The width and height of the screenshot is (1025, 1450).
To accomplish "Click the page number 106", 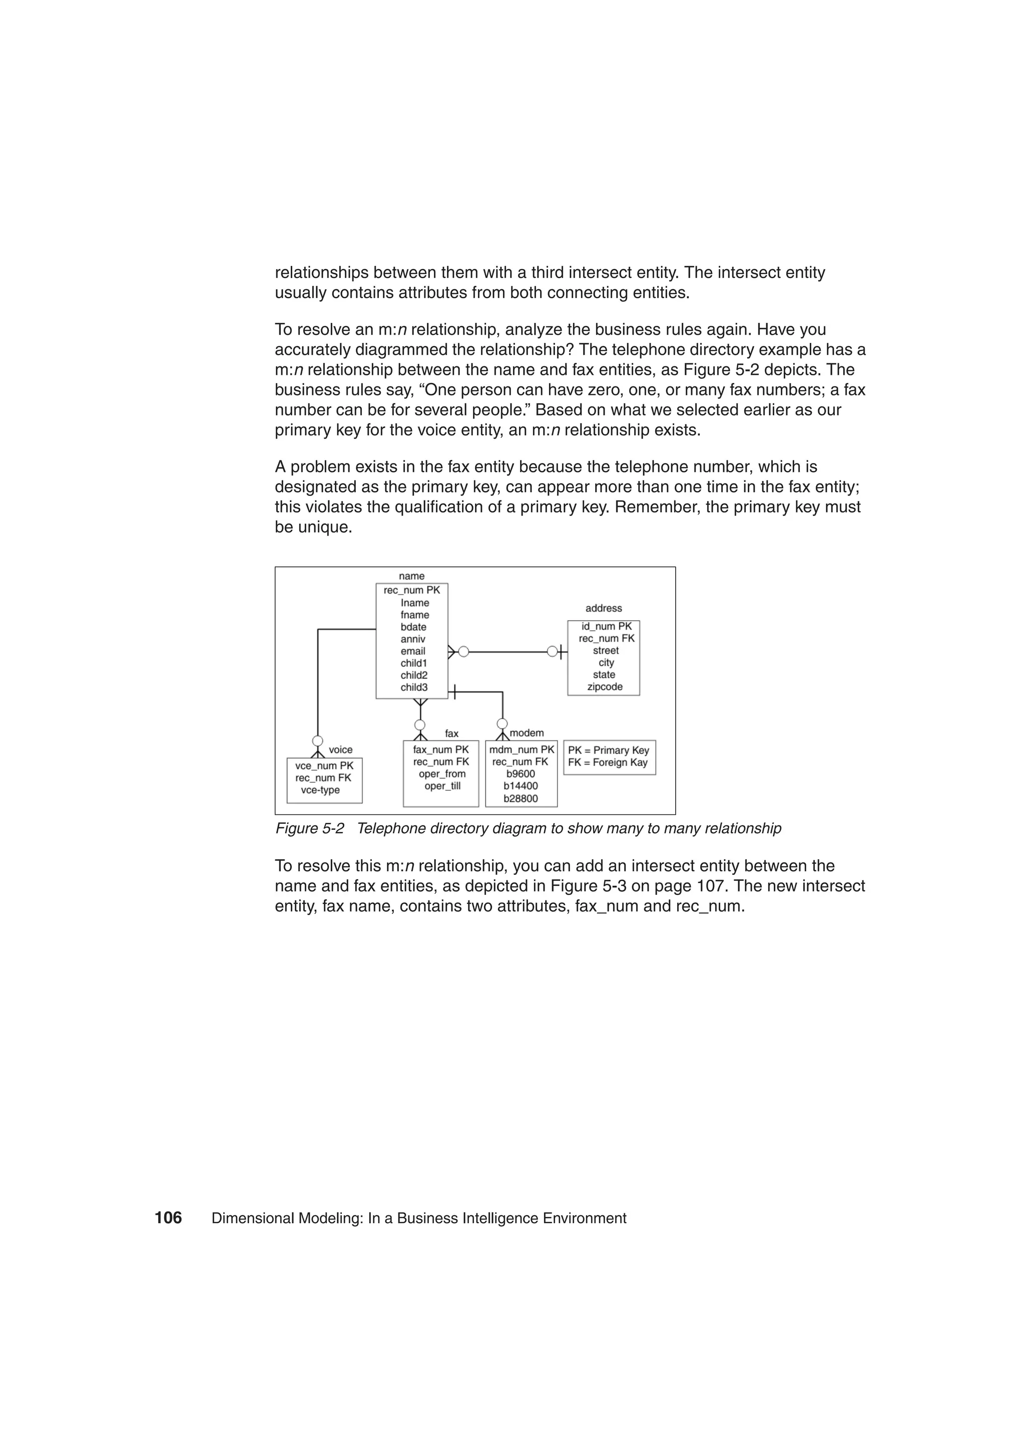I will pyautogui.click(x=168, y=1218).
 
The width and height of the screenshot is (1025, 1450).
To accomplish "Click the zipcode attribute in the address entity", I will pyautogui.click(x=605, y=687).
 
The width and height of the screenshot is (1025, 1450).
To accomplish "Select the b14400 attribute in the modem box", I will pyautogui.click(x=521, y=786).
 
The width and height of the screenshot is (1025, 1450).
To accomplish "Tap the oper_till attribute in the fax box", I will pyautogui.click(x=442, y=786).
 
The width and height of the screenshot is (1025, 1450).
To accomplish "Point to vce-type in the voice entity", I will pyautogui.click(x=320, y=790).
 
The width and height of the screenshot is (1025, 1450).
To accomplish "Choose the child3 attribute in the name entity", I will pyautogui.click(x=414, y=687).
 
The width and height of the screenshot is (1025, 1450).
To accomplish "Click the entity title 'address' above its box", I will pyautogui.click(x=603, y=608).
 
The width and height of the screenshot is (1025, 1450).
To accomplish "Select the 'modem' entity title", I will pyautogui.click(x=527, y=733).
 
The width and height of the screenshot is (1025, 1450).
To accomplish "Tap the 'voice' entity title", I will pyautogui.click(x=340, y=750).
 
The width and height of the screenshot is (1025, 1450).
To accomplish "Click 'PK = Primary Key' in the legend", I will pyautogui.click(x=608, y=750).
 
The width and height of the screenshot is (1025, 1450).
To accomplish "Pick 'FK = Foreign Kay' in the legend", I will pyautogui.click(x=608, y=762).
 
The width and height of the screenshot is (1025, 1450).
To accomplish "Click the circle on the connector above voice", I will pyautogui.click(x=318, y=741).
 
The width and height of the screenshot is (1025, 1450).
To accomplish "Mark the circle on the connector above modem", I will pyautogui.click(x=502, y=724).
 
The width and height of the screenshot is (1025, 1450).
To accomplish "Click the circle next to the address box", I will pyautogui.click(x=552, y=651).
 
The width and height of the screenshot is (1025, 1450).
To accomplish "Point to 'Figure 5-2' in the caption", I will pyautogui.click(x=309, y=828).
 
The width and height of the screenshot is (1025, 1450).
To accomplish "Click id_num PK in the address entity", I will pyautogui.click(x=606, y=627).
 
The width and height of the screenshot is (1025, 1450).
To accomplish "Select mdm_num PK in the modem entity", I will pyautogui.click(x=522, y=750).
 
